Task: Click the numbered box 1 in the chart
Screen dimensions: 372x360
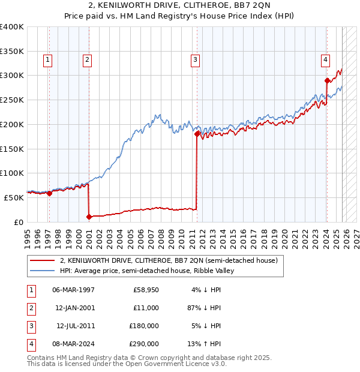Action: pos(47,59)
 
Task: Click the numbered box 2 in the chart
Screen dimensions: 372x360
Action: pos(87,59)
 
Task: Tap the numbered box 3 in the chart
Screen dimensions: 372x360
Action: pos(195,59)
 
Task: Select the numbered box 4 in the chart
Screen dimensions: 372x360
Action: pos(325,59)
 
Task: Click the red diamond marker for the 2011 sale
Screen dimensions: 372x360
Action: pos(197,134)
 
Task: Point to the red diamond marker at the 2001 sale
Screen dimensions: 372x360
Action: pos(89,216)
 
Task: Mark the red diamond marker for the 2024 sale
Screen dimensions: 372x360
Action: pos(327,80)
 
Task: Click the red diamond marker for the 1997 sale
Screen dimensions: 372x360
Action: pos(49,193)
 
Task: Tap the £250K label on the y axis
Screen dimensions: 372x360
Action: pos(12,100)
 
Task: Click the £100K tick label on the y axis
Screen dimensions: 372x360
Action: pos(12,173)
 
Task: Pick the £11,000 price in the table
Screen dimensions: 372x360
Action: pos(146,308)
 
